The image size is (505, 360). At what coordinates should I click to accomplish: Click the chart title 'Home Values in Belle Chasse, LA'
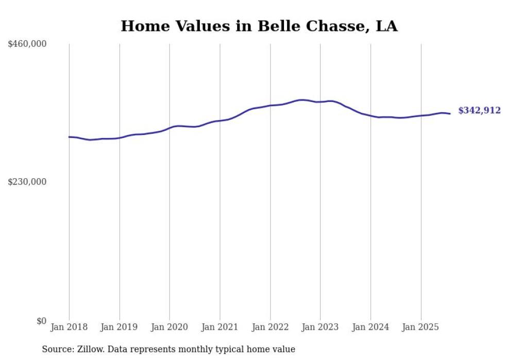(x=259, y=26)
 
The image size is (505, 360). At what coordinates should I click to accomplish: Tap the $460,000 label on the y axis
(x=27, y=44)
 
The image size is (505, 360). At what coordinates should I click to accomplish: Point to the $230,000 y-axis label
(x=27, y=182)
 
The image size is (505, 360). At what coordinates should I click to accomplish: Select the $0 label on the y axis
(x=41, y=321)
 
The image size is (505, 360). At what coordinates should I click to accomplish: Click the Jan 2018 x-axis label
(x=69, y=327)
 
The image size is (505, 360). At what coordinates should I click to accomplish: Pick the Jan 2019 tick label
(x=120, y=327)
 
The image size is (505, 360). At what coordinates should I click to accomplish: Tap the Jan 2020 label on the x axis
(x=170, y=327)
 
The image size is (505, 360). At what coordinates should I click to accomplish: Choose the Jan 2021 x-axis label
(x=220, y=327)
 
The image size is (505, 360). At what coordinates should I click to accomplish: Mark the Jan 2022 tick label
(x=270, y=327)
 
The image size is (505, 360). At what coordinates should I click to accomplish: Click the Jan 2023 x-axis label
(x=321, y=327)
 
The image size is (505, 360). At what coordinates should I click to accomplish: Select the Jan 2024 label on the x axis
(x=371, y=327)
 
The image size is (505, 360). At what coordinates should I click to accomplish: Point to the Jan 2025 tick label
(x=421, y=327)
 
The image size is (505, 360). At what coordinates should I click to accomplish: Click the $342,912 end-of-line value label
(x=479, y=110)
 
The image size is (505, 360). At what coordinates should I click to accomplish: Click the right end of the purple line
(x=450, y=114)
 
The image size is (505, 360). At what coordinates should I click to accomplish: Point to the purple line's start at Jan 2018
(x=69, y=137)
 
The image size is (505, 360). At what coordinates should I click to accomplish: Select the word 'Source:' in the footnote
(x=58, y=349)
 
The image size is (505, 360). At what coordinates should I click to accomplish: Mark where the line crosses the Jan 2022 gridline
(x=270, y=106)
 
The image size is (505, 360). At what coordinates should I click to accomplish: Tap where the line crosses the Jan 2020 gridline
(x=170, y=128)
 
